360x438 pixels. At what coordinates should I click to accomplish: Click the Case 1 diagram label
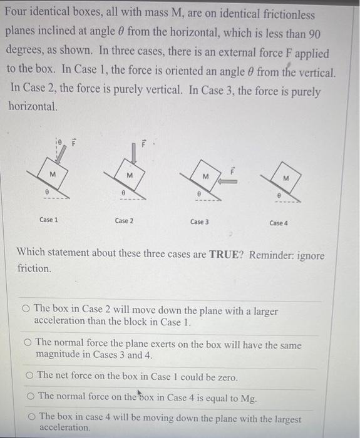(x=49, y=220)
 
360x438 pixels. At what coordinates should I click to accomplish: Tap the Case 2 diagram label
(x=124, y=221)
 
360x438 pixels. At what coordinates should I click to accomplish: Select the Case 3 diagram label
(x=199, y=222)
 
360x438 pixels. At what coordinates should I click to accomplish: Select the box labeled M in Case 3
(x=205, y=177)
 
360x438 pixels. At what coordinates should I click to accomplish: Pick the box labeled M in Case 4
(x=285, y=179)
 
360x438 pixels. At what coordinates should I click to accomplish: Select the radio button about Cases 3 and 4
(x=28, y=343)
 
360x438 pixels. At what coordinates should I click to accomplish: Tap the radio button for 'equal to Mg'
(x=30, y=396)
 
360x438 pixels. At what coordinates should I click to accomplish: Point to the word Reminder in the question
(x=272, y=255)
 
